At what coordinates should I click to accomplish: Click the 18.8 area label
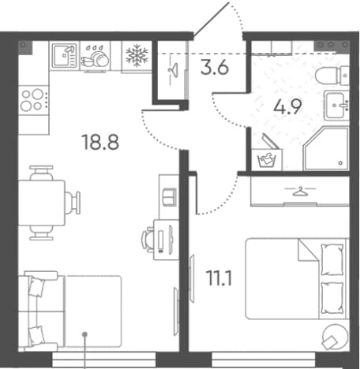[x=101, y=142]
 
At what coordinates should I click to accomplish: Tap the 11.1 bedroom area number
[x=219, y=278]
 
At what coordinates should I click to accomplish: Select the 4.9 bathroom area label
[x=287, y=106]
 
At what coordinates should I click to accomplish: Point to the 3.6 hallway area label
[x=215, y=68]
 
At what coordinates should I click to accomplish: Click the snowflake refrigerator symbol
[x=137, y=55]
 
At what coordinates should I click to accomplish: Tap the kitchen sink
[x=65, y=55]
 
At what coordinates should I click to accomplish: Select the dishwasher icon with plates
[x=95, y=57]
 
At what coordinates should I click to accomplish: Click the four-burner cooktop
[x=34, y=100]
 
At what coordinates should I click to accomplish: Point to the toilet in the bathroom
[x=332, y=76]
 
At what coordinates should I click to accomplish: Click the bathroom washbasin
[x=336, y=105]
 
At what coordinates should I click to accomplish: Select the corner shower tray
[x=326, y=148]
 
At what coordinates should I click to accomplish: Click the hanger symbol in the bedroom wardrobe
[x=300, y=191]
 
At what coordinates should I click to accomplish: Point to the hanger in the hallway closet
[x=173, y=70]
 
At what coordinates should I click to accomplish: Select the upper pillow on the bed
[x=332, y=259]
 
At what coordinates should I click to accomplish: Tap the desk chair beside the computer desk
[x=148, y=240]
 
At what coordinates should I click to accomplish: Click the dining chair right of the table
[x=73, y=203]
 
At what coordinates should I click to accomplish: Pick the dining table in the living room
[x=42, y=203]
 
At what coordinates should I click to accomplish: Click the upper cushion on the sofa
[x=37, y=287]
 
